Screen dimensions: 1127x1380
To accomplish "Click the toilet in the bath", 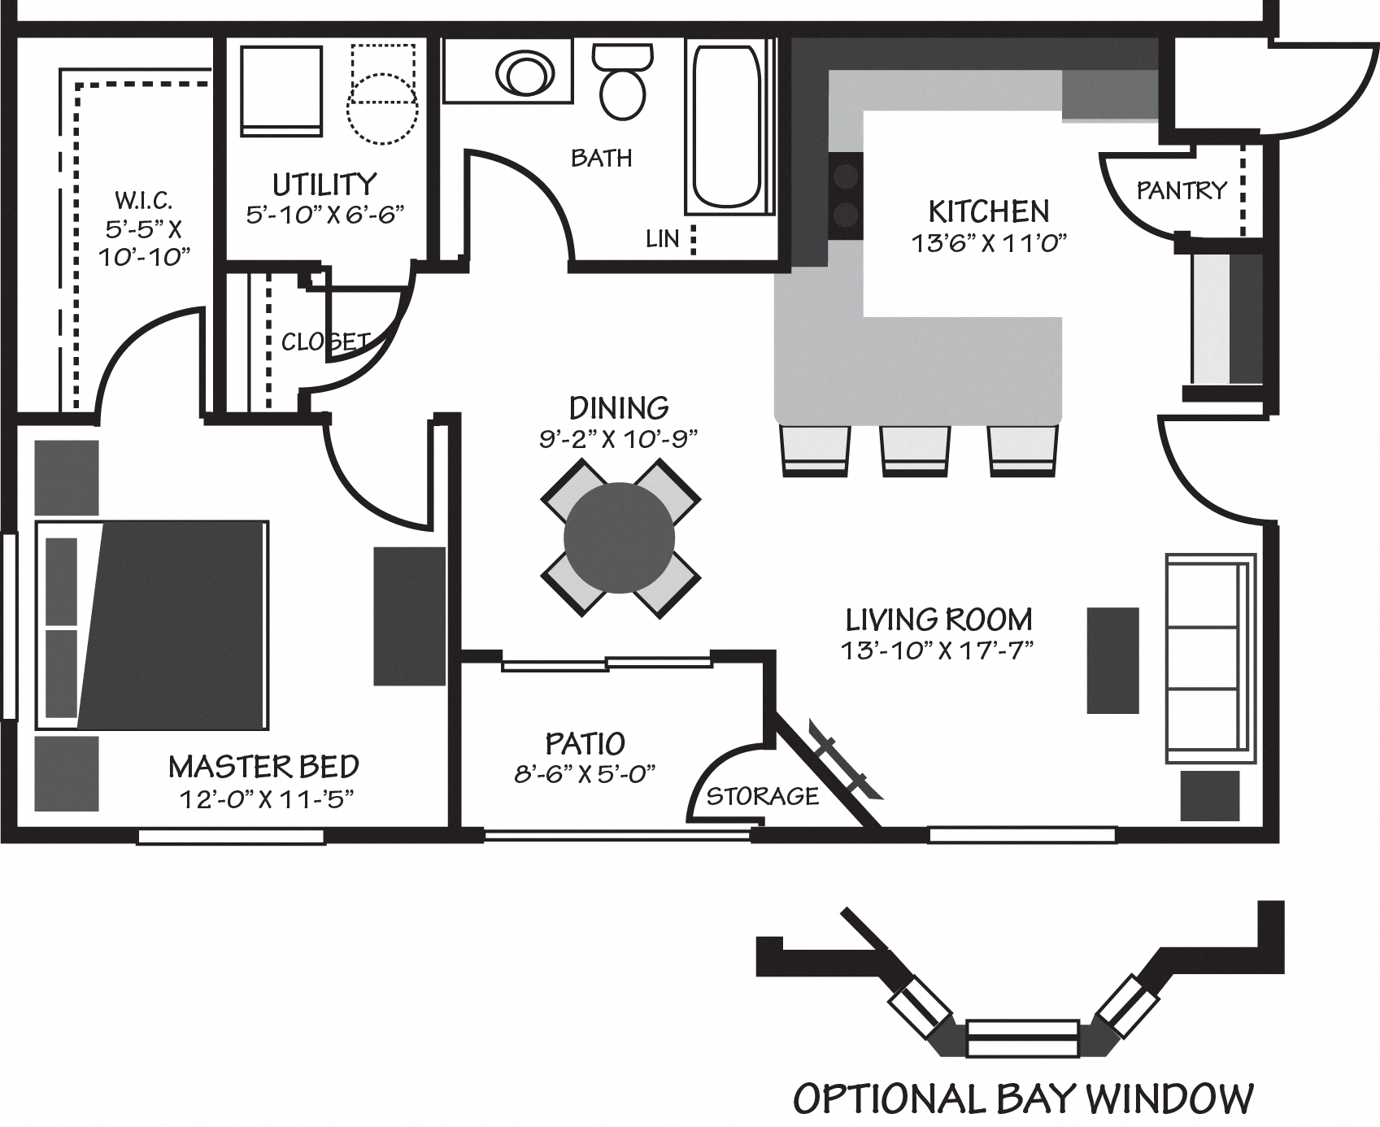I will (x=622, y=81).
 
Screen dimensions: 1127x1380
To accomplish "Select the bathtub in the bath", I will (x=725, y=126).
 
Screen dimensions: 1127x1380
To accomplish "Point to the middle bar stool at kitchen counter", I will (x=915, y=450).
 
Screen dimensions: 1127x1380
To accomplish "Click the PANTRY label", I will (x=1181, y=190).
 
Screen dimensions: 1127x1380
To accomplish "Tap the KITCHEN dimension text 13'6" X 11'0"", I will (x=988, y=242).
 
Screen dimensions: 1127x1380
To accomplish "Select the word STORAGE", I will (x=762, y=795).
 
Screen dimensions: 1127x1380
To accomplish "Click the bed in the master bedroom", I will (x=155, y=624).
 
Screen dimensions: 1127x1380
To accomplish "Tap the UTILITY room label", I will (x=324, y=185).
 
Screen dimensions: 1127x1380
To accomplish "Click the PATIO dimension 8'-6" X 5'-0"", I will (x=585, y=773).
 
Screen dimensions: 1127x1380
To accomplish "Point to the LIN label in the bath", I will (x=662, y=238).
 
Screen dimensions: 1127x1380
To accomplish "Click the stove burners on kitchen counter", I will (x=847, y=195).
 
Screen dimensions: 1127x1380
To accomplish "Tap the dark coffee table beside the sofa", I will (x=1112, y=660).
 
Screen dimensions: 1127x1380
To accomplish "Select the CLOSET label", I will (x=325, y=342).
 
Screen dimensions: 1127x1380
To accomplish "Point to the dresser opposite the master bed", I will (x=409, y=616).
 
